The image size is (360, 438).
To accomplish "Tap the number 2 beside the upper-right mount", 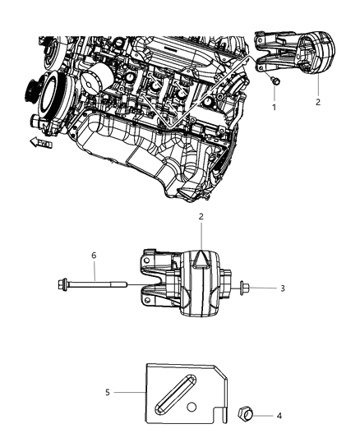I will point(316,102).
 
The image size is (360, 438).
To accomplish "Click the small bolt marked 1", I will point(276,81).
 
